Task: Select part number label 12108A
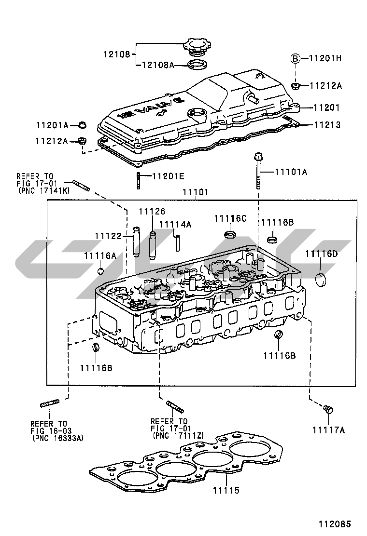157,65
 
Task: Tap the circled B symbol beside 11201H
295,58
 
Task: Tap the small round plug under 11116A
101,270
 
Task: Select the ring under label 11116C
231,235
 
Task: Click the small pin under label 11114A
177,241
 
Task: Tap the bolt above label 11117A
328,410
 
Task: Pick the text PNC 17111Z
178,436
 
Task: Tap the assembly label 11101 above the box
195,192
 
